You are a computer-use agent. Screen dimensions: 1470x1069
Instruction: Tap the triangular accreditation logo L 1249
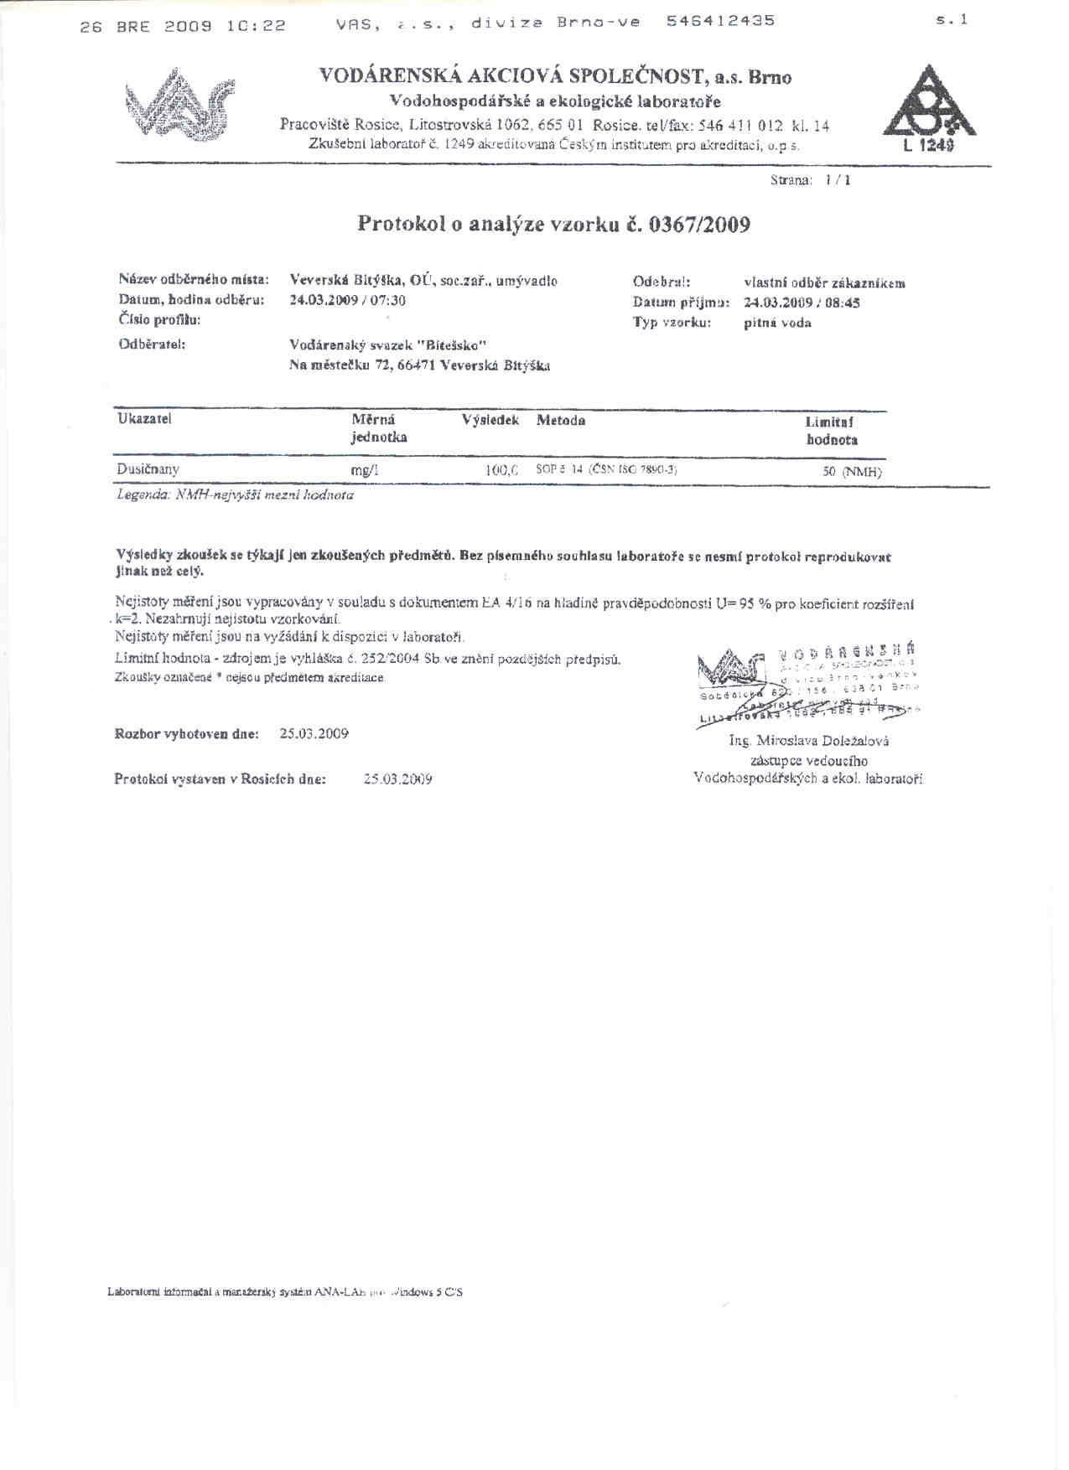[x=928, y=109]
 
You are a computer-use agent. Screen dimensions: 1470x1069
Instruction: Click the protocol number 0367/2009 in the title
[x=699, y=225]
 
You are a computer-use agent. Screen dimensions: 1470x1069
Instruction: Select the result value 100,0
[x=501, y=470]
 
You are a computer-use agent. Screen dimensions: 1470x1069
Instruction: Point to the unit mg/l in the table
[x=365, y=470]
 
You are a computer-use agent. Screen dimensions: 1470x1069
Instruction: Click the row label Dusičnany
[x=148, y=469]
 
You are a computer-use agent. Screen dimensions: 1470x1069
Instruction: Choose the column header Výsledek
[x=490, y=420]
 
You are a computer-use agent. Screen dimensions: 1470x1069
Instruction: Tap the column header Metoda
[x=561, y=420]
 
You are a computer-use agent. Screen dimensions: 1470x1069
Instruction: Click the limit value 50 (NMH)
[x=851, y=472]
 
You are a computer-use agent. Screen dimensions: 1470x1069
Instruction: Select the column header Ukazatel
[x=144, y=419]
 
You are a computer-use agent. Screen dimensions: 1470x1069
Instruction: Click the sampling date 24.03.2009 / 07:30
[x=347, y=300]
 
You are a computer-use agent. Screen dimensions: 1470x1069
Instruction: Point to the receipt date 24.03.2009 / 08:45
[x=802, y=303]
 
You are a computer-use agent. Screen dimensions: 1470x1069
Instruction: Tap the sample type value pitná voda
[x=777, y=323]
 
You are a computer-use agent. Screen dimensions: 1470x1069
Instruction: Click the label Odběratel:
[x=152, y=344]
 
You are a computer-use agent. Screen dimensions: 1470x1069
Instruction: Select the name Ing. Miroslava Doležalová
[x=809, y=741]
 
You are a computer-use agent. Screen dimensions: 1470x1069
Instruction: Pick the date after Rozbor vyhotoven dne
[x=314, y=733]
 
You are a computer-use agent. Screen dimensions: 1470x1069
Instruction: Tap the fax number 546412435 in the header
[x=720, y=21]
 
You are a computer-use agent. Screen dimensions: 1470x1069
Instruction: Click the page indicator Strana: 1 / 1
[x=810, y=180]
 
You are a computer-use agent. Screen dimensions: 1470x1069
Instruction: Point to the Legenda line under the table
[x=235, y=495]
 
